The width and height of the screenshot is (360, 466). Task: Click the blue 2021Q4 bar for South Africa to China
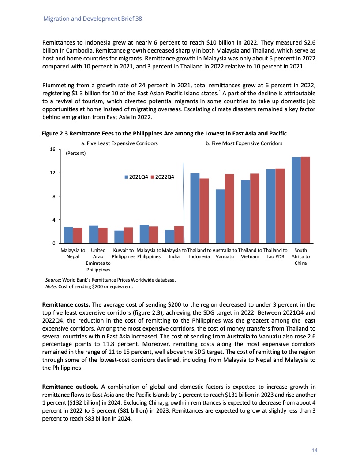296,200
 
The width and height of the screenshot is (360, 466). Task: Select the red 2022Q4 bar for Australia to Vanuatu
229,208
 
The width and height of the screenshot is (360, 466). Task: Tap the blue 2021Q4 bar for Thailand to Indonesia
195,208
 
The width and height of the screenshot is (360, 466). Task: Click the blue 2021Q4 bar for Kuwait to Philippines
119,237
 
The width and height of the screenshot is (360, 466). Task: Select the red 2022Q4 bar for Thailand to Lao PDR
280,206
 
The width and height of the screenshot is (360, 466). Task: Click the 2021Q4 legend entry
137,177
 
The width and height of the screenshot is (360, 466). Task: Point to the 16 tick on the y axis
52,149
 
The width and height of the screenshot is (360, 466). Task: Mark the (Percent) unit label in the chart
75,154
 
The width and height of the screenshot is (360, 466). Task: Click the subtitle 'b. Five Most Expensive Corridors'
244,143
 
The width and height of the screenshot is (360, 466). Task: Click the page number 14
315,450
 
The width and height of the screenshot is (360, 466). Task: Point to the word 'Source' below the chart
53,280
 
